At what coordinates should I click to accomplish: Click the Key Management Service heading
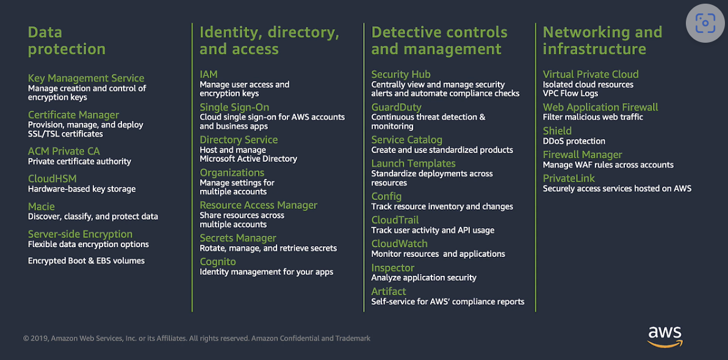click(x=86, y=78)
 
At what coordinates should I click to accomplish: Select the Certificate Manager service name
click(x=73, y=115)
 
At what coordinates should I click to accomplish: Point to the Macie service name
click(x=41, y=206)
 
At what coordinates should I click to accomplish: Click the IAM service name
click(x=209, y=74)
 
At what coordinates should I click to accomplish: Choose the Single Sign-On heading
click(x=234, y=107)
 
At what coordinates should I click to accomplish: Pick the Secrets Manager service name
click(x=238, y=238)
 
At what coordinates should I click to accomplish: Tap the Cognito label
click(x=218, y=262)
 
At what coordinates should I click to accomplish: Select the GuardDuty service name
click(x=396, y=107)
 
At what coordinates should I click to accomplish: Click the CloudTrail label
click(x=395, y=220)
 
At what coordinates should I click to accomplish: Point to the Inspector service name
click(x=392, y=267)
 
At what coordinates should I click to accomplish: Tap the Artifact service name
click(x=389, y=291)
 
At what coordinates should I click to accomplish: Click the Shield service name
click(x=557, y=131)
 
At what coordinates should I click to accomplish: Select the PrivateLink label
click(x=569, y=178)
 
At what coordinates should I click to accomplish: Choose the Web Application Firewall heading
click(x=600, y=107)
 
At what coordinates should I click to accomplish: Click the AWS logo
click(x=665, y=336)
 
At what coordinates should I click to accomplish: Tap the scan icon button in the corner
click(x=705, y=24)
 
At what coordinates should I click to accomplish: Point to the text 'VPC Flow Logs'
click(x=571, y=93)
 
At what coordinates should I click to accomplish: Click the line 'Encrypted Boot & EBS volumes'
click(x=87, y=261)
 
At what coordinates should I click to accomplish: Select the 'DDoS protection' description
click(x=574, y=141)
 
